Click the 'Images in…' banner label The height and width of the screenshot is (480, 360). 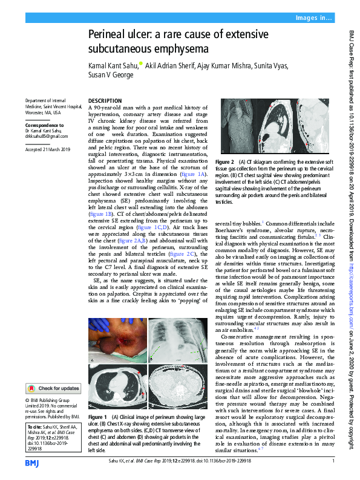[313, 19]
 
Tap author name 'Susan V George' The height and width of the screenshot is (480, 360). [109, 76]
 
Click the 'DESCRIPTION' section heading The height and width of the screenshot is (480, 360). [105, 100]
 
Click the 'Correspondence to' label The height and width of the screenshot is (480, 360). [43, 126]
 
